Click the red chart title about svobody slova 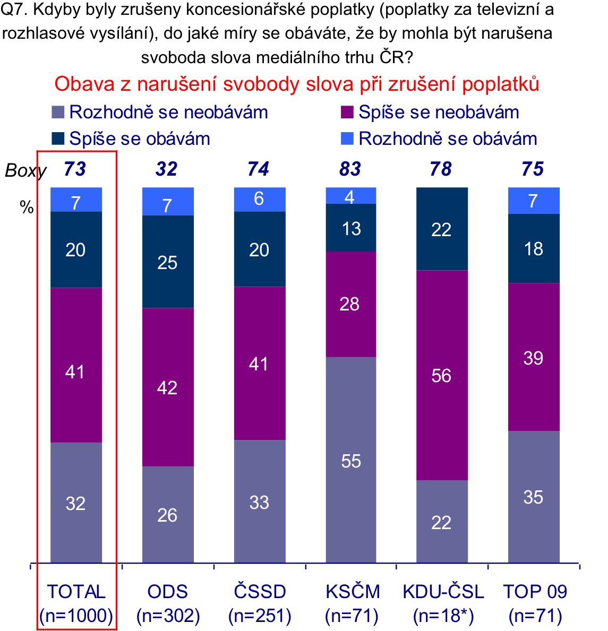[296, 84]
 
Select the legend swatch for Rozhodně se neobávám [58, 113]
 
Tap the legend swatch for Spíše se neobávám [347, 113]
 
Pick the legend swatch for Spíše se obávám [58, 139]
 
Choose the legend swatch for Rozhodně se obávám [347, 139]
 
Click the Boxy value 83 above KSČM [350, 169]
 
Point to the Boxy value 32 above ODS [166, 169]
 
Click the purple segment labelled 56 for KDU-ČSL [442, 375]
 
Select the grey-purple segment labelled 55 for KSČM [350, 460]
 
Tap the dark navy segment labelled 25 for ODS [168, 262]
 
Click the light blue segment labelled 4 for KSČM [350, 196]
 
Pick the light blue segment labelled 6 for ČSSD [259, 199]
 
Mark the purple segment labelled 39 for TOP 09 [533, 357]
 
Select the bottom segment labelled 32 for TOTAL [76, 502]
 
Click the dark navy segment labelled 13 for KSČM [350, 228]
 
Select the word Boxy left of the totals [25, 171]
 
